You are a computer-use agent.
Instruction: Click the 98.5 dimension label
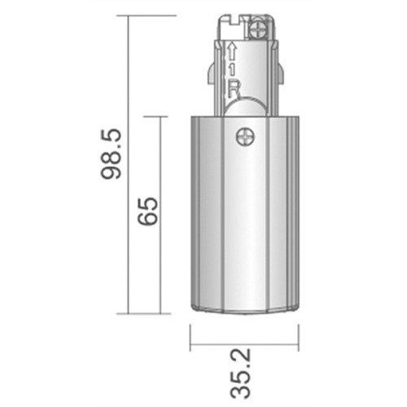coord(111,154)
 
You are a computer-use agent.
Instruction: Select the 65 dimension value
coord(147,212)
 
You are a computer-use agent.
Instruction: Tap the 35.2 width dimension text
coord(240,374)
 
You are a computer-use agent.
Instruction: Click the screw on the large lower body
coord(246,137)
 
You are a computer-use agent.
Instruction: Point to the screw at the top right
coord(258,29)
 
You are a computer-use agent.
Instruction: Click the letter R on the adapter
coord(234,89)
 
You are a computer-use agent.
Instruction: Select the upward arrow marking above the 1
coord(232,51)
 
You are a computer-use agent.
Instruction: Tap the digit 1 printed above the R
coord(232,69)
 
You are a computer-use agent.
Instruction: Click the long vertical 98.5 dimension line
coord(128,164)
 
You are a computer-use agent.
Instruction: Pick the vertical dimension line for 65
coord(160,215)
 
